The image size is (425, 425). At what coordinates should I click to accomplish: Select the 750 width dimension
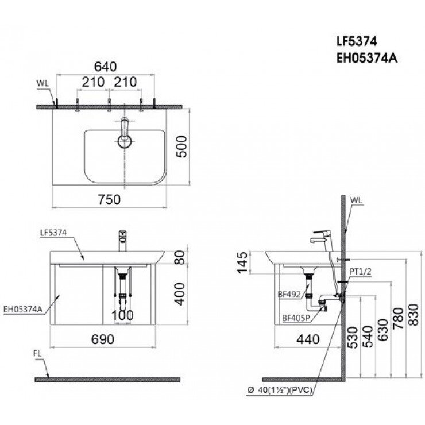(109, 199)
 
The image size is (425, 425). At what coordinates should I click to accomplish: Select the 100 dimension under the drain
(122, 315)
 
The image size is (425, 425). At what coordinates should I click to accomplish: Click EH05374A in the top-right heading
(364, 57)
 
